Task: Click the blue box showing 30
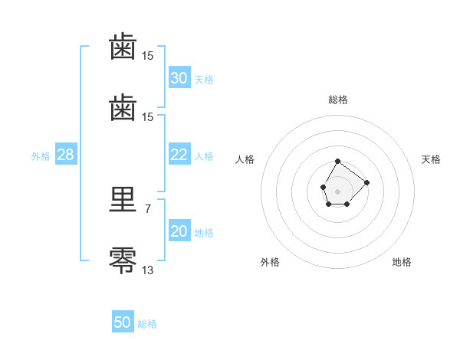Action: click(179, 77)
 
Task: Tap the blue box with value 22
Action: click(179, 154)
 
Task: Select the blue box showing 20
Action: click(179, 230)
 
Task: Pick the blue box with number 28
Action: click(66, 154)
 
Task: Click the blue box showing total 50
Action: click(123, 321)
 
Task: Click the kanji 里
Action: click(123, 199)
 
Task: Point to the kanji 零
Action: click(123, 260)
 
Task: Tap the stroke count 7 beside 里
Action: click(148, 209)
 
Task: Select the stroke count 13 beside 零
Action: click(147, 270)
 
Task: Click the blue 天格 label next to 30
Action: click(204, 80)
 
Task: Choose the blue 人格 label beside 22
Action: click(204, 156)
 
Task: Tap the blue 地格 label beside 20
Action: click(204, 233)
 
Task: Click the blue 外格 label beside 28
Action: click(41, 156)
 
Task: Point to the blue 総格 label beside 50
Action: click(147, 324)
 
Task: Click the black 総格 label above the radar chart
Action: click(338, 100)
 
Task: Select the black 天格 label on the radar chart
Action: click(431, 159)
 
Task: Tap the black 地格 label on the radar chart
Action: click(402, 262)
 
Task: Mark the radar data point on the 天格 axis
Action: click(366, 182)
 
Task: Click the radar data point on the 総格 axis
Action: click(337, 162)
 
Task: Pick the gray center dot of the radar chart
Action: click(337, 191)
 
